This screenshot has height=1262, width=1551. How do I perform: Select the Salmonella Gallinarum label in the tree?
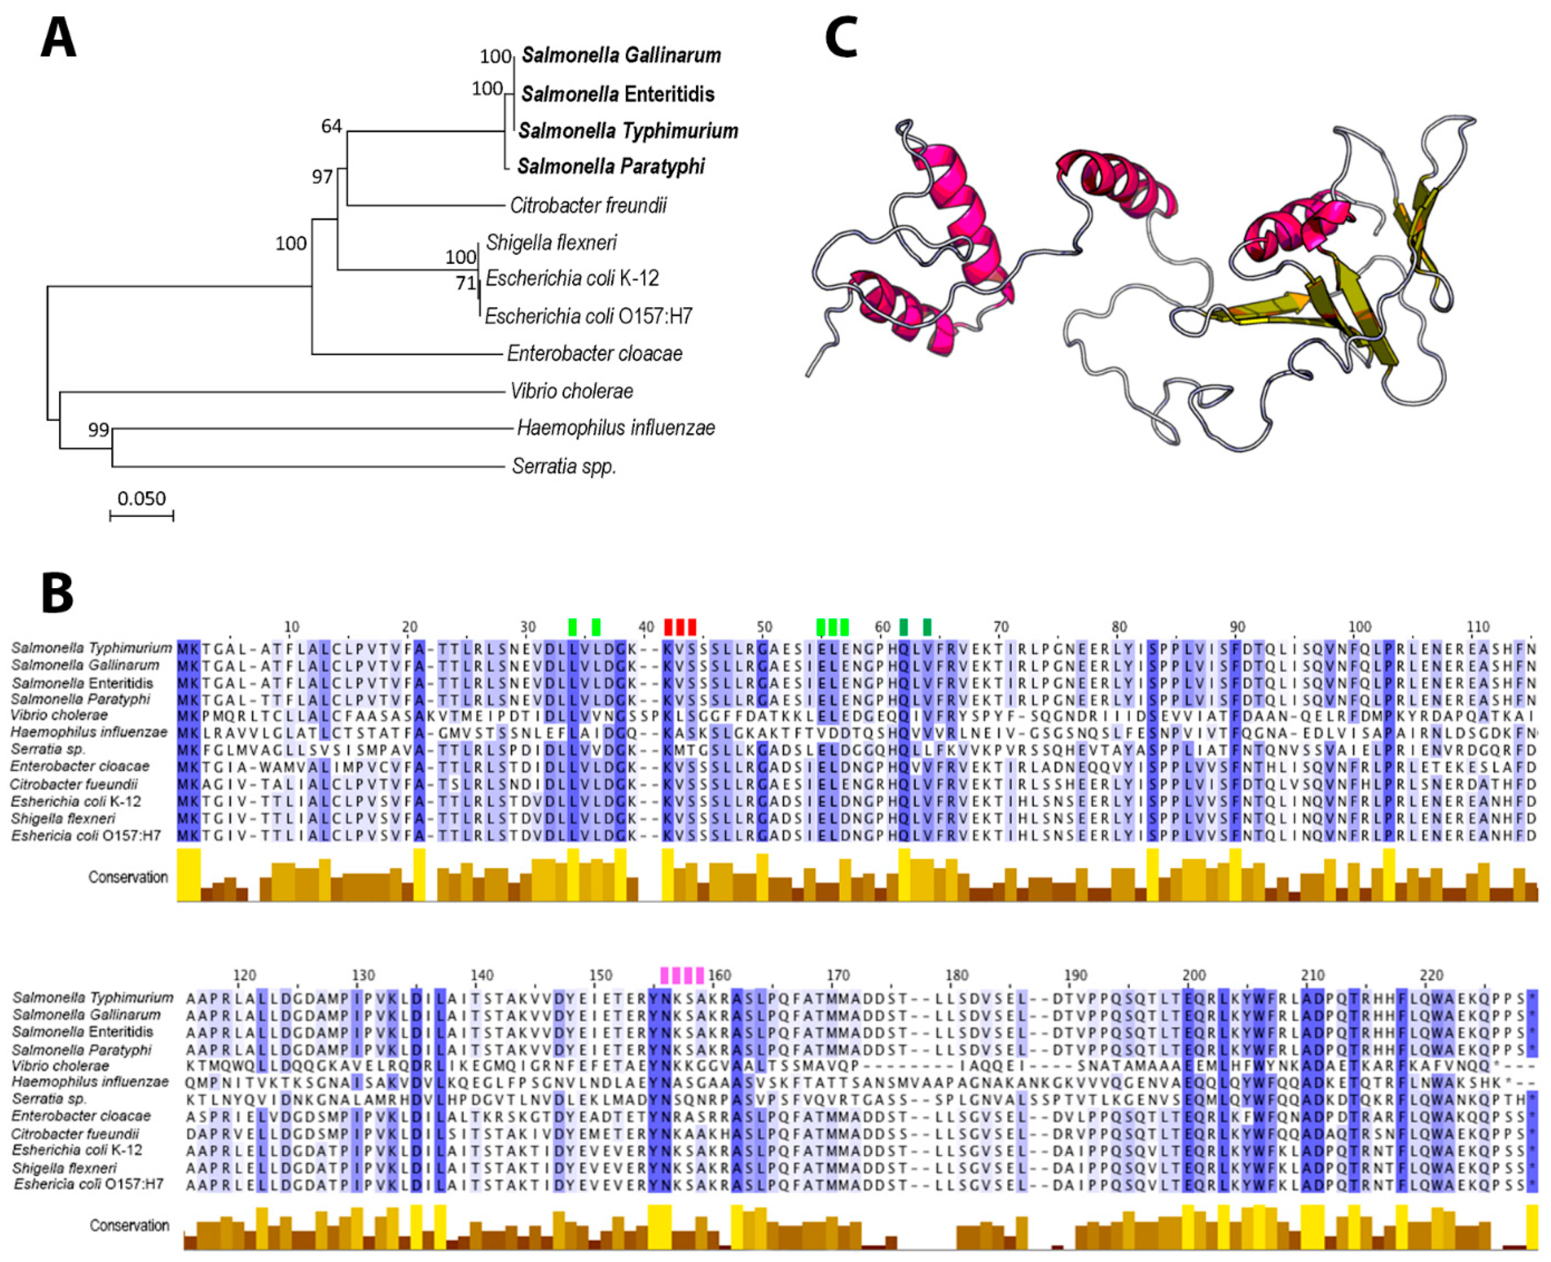621,55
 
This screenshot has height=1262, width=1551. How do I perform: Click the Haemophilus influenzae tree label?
615,428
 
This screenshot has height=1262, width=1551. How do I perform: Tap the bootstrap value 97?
322,177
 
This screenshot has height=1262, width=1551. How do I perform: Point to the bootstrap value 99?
98,430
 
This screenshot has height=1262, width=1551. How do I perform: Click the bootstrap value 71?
465,283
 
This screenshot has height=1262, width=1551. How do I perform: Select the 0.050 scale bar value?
142,499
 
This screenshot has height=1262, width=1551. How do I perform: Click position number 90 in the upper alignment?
1237,626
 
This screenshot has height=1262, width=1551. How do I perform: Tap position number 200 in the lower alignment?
1194,975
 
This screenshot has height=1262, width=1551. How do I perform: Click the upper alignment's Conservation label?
128,877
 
